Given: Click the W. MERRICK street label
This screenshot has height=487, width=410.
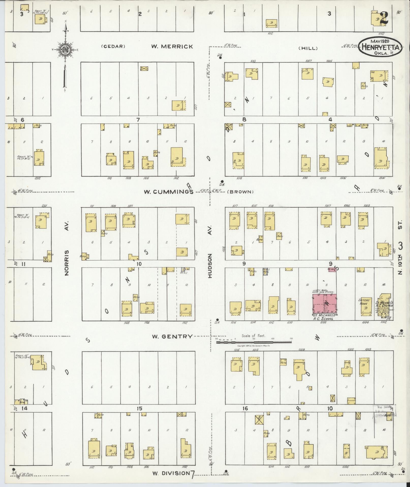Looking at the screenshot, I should click(172, 47).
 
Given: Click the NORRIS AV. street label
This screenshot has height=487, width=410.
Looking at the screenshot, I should click(67, 262).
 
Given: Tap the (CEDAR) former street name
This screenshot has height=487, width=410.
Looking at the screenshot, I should click(113, 47).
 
